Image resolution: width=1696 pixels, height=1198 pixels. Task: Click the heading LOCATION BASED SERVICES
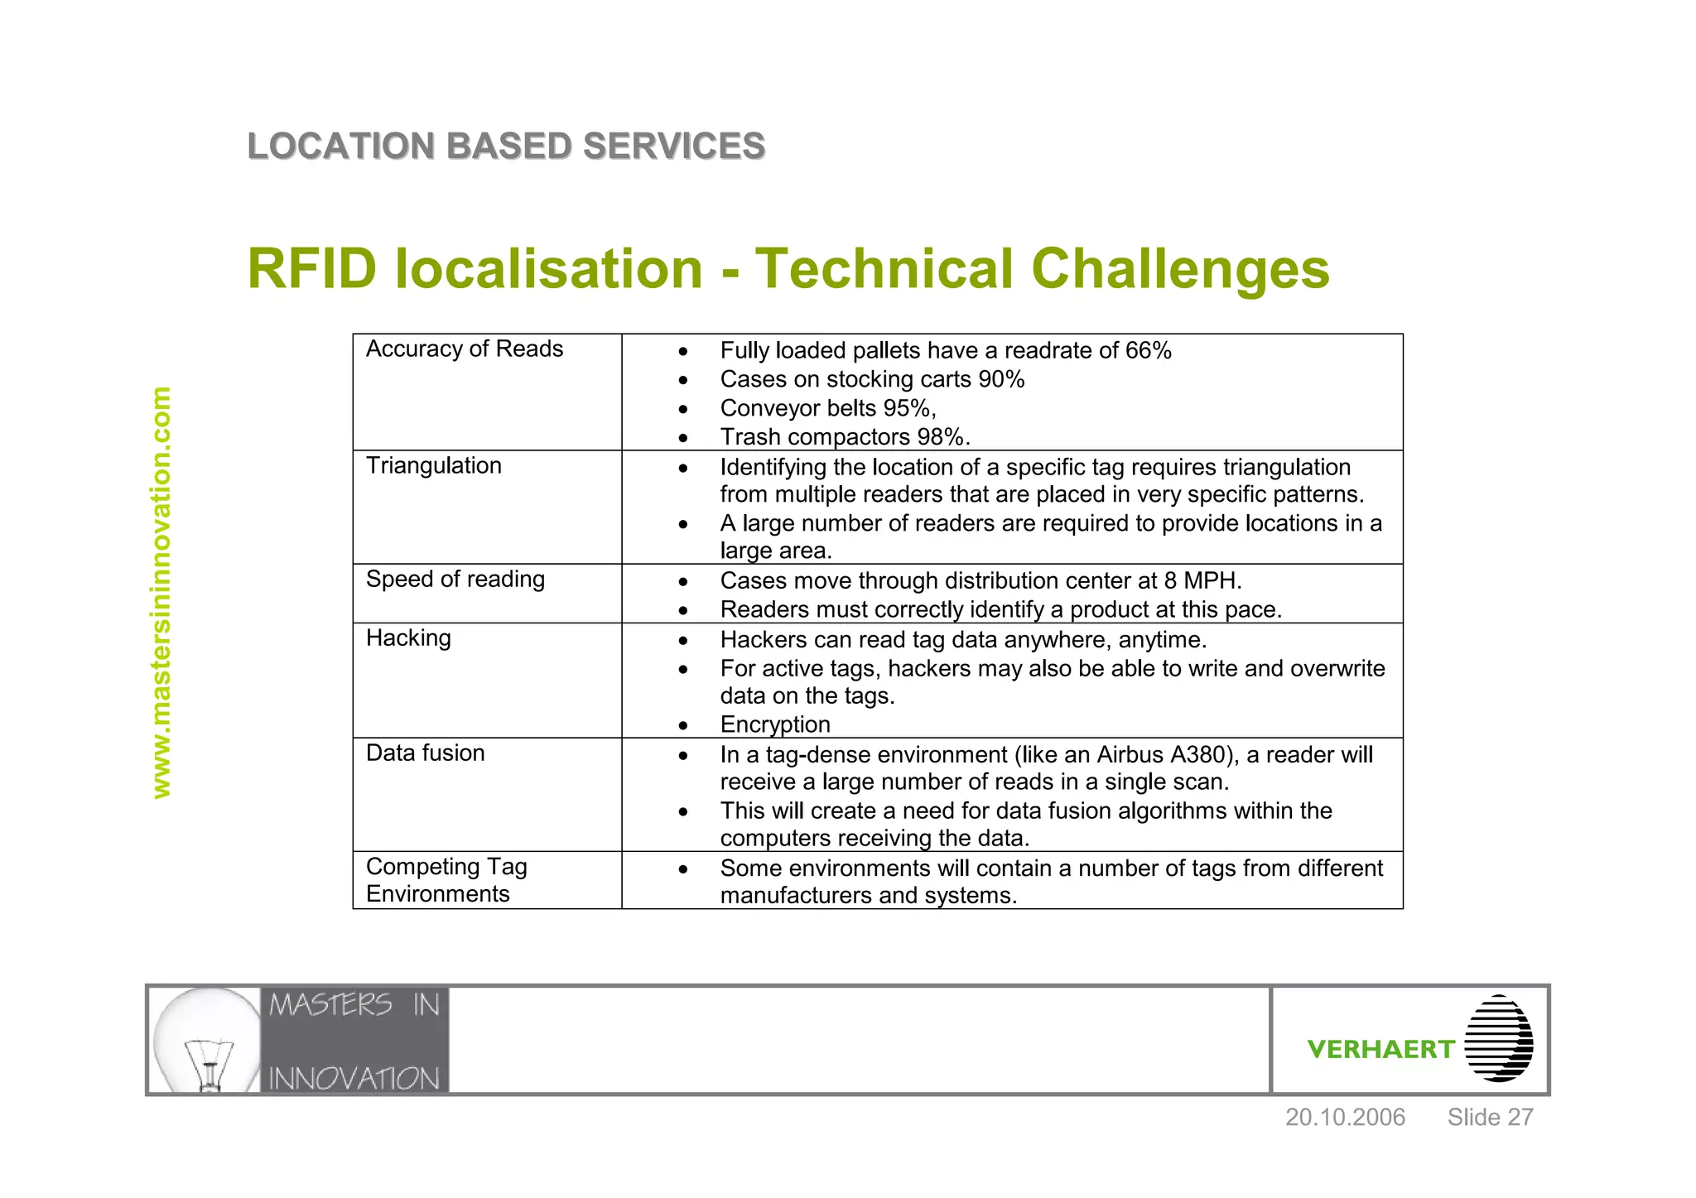click(x=506, y=147)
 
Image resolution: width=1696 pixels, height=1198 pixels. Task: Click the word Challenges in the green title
click(x=1180, y=269)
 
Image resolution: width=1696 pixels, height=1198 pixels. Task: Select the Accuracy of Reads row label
click(x=464, y=349)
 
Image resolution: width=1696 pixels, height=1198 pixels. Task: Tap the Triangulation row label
click(x=433, y=465)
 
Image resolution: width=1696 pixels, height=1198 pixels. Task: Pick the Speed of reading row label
click(x=455, y=579)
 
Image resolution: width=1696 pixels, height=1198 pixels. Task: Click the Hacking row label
click(x=408, y=637)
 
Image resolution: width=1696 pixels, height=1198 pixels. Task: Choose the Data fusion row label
click(x=425, y=753)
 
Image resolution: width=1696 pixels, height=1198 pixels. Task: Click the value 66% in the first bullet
click(x=1148, y=351)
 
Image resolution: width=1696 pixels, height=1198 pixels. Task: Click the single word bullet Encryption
click(x=774, y=724)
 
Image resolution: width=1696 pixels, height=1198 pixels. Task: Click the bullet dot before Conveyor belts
click(x=682, y=409)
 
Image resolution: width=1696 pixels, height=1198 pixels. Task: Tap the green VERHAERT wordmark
click(x=1380, y=1050)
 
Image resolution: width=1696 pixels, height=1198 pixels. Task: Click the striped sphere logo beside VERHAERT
click(x=1498, y=1039)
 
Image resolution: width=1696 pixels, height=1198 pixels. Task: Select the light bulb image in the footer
click(x=206, y=1040)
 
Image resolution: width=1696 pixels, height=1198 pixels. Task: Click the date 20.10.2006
click(x=1344, y=1118)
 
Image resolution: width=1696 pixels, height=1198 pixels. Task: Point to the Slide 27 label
click(x=1490, y=1118)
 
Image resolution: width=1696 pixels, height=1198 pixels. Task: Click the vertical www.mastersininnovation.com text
click(x=161, y=592)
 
